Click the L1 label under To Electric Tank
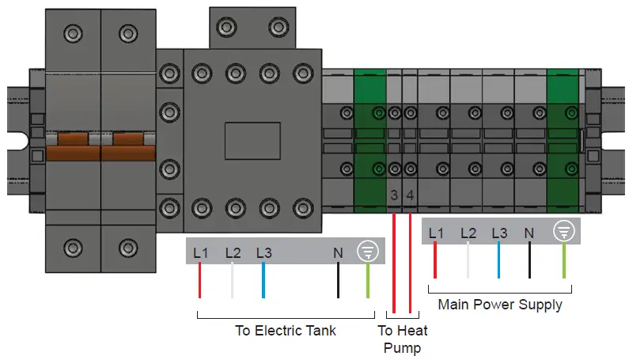pyautogui.click(x=200, y=253)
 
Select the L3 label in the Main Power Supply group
pyautogui.click(x=498, y=233)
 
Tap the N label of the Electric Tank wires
pyautogui.click(x=338, y=253)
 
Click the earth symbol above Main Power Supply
pyautogui.click(x=563, y=231)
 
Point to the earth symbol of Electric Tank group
pyautogui.click(x=368, y=252)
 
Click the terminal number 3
pyautogui.click(x=395, y=195)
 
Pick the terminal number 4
pyautogui.click(x=410, y=195)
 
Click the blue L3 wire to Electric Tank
pyautogui.click(x=263, y=281)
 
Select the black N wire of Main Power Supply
pyautogui.click(x=530, y=261)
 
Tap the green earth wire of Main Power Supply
pyautogui.click(x=563, y=261)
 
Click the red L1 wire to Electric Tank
pyautogui.click(x=199, y=281)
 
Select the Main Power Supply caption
pyautogui.click(x=500, y=305)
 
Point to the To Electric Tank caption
pyautogui.click(x=285, y=330)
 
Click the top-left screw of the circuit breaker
pyautogui.click(x=73, y=32)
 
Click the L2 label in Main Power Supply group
pyautogui.click(x=468, y=233)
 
